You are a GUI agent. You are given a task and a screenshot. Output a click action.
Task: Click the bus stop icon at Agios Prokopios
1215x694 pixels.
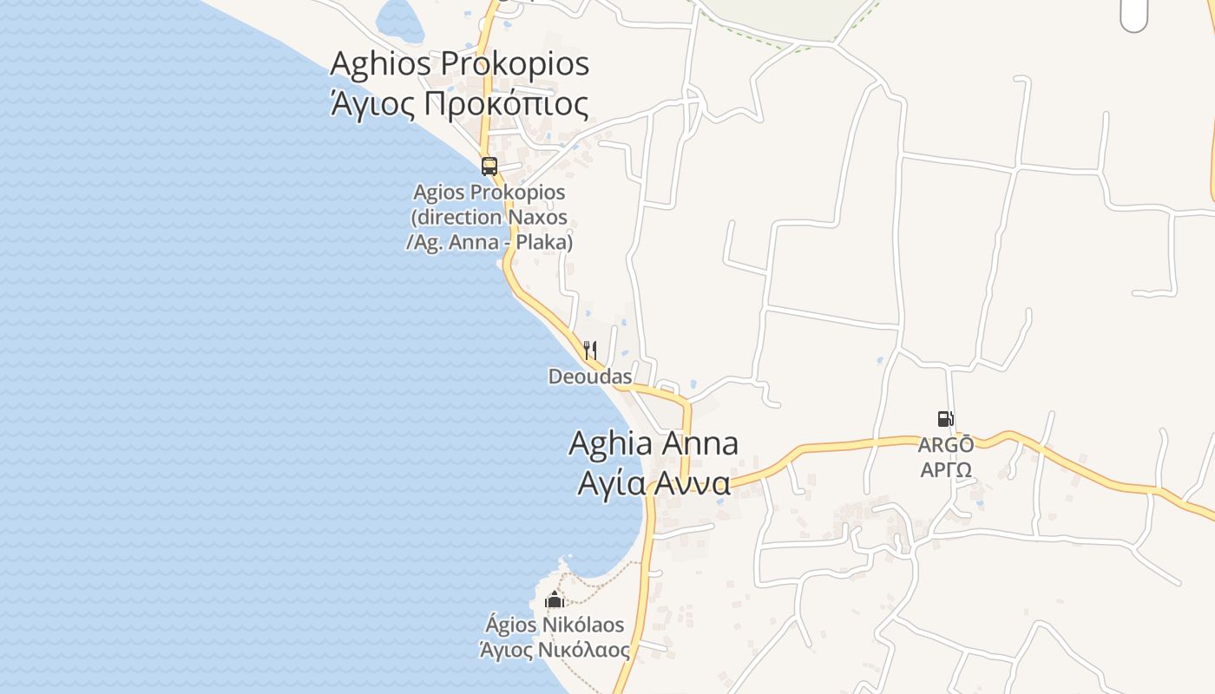point(489,166)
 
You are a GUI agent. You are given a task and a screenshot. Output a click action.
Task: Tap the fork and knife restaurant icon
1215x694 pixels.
point(590,350)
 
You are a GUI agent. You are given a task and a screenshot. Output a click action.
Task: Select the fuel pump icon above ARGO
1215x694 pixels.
point(946,419)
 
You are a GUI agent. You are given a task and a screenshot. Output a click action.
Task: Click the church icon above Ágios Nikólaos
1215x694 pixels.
point(555,599)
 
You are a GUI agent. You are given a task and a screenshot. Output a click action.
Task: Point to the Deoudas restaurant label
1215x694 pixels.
point(590,376)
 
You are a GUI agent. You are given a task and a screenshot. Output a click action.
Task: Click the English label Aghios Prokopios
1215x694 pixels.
point(460,63)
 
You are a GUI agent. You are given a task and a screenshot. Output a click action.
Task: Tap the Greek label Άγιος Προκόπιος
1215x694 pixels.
point(460,104)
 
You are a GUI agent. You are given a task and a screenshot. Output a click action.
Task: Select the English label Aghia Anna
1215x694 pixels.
point(653,443)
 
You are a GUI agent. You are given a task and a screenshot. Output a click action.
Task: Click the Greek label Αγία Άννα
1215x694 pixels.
point(654,482)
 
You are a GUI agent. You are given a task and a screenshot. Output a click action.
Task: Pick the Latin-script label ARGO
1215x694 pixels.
point(946,445)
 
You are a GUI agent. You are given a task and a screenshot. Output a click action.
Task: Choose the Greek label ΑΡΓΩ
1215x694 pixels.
point(946,470)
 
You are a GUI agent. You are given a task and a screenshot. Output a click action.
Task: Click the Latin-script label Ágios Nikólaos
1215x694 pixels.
point(555,625)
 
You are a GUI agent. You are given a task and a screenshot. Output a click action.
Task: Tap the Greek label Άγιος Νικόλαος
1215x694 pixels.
point(555,649)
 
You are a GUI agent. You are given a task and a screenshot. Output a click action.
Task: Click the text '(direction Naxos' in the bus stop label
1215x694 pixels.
point(489,217)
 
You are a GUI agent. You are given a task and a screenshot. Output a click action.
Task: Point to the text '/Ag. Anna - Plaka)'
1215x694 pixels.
point(489,242)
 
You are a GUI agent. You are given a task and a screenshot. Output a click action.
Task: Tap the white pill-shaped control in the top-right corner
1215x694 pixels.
point(1133,14)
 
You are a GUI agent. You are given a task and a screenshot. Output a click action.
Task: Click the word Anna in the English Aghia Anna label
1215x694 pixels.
point(699,443)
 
